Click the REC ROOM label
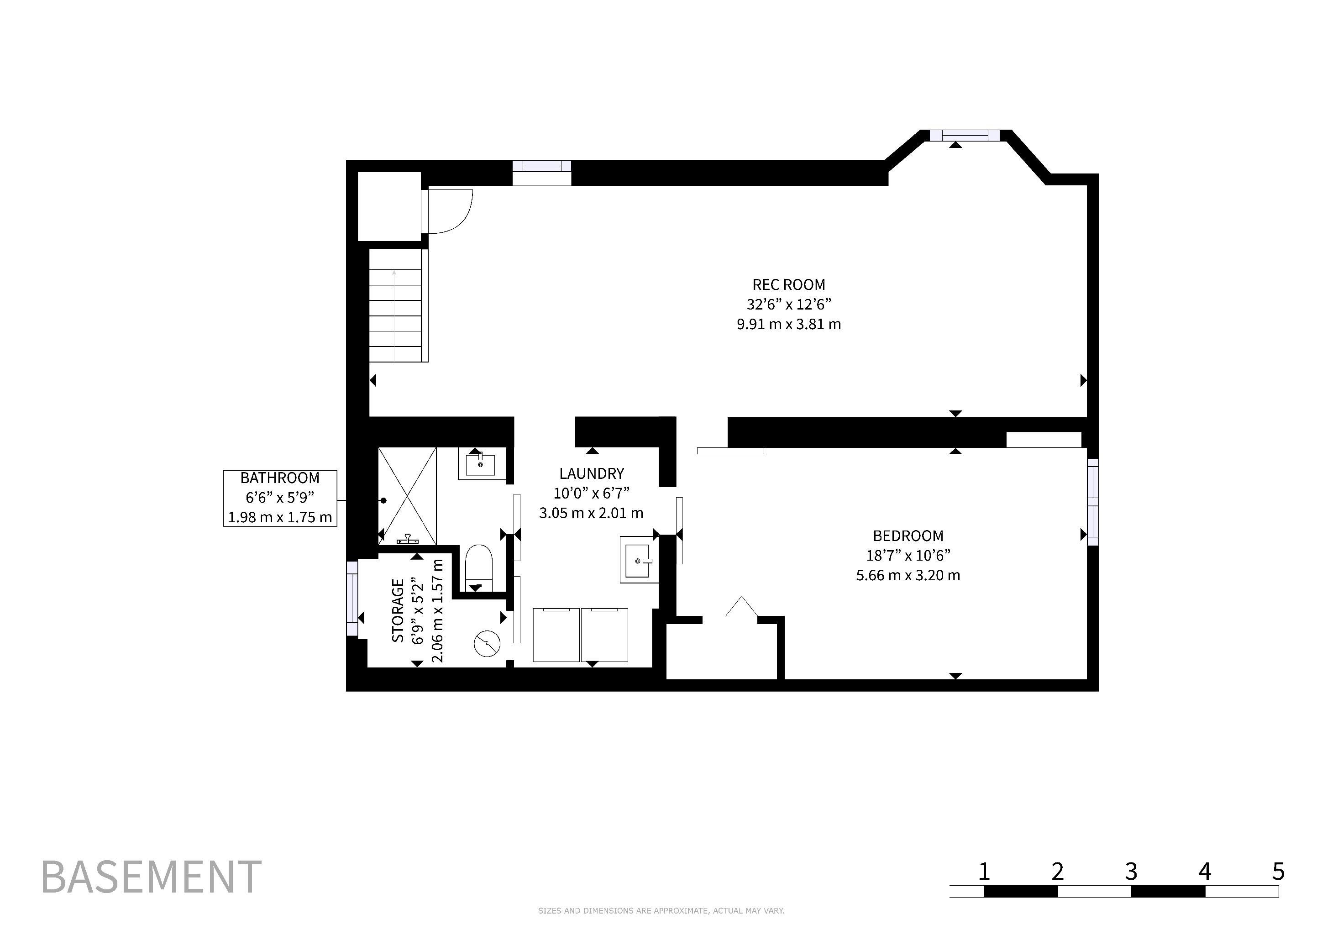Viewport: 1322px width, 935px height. pos(788,284)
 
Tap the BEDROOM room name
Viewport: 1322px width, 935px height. pos(908,536)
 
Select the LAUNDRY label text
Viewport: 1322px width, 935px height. pos(591,473)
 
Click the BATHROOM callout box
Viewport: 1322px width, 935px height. pos(280,498)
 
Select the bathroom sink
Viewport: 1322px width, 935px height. pos(480,463)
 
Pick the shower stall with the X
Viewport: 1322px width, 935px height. pos(407,496)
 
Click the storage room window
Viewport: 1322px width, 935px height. pos(352,599)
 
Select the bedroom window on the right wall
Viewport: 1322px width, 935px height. pos(1092,502)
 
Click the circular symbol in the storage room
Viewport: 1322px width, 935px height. pos(486,644)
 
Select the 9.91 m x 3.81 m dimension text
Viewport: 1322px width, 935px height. pos(788,324)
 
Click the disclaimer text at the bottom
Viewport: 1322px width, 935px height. pos(661,911)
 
